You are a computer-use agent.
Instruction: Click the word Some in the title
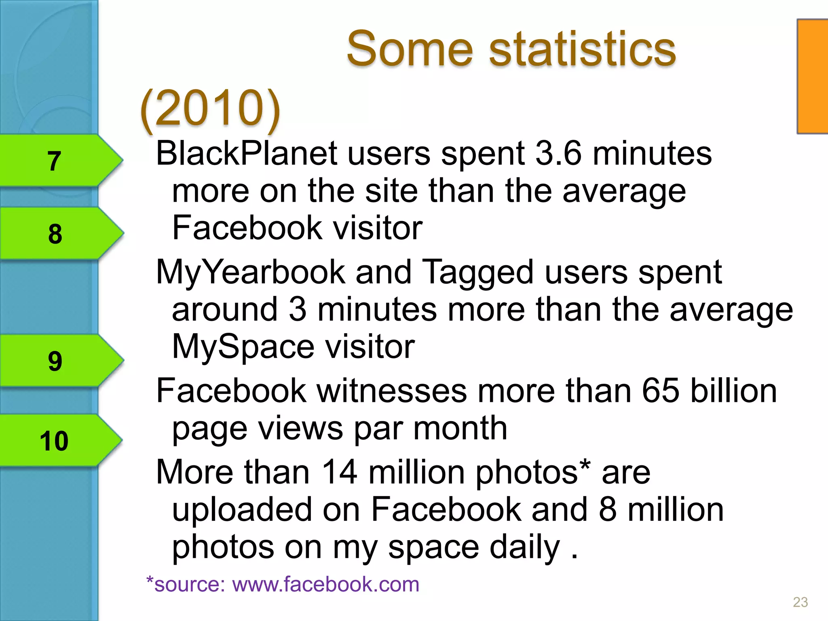click(410, 49)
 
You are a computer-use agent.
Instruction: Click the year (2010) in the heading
click(210, 108)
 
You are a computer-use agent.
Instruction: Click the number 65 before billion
click(661, 391)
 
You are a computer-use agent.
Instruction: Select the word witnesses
click(392, 391)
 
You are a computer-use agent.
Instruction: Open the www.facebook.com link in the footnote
click(325, 585)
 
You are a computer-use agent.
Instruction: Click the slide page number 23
click(800, 602)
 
